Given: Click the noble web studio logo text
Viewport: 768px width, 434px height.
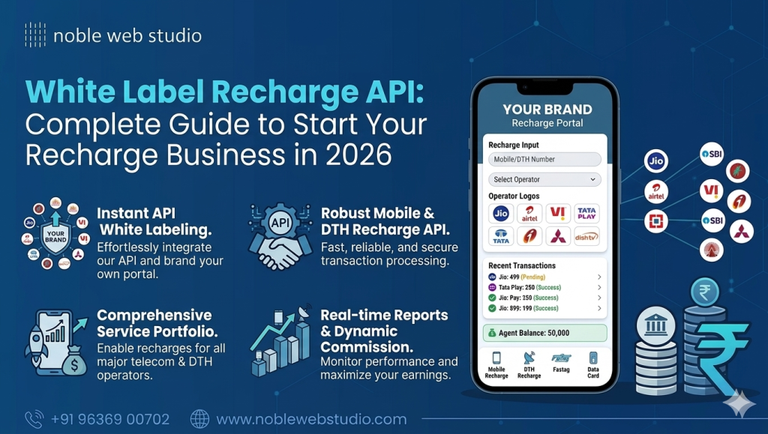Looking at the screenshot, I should (127, 35).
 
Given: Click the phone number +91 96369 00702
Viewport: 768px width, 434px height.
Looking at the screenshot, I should (109, 419).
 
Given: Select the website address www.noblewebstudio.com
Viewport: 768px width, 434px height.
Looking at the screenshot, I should (311, 419).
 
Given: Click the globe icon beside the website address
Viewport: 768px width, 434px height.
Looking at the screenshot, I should (199, 419).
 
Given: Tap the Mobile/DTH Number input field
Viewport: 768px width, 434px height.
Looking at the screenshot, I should (544, 159).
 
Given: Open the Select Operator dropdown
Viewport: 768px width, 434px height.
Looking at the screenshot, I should (544, 180).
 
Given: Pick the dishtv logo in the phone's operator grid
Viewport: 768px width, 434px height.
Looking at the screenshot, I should (586, 237).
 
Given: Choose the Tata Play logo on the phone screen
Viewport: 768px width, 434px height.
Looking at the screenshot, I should (586, 214).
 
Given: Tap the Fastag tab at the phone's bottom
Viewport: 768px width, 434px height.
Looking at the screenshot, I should (560, 363).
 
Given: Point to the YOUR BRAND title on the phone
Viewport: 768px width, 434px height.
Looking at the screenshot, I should (547, 109).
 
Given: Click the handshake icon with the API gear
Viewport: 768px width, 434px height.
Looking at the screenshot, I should (280, 237).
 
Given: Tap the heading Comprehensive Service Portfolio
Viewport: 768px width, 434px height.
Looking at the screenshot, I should (154, 323).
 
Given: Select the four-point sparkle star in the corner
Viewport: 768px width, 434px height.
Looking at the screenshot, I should (740, 404).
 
